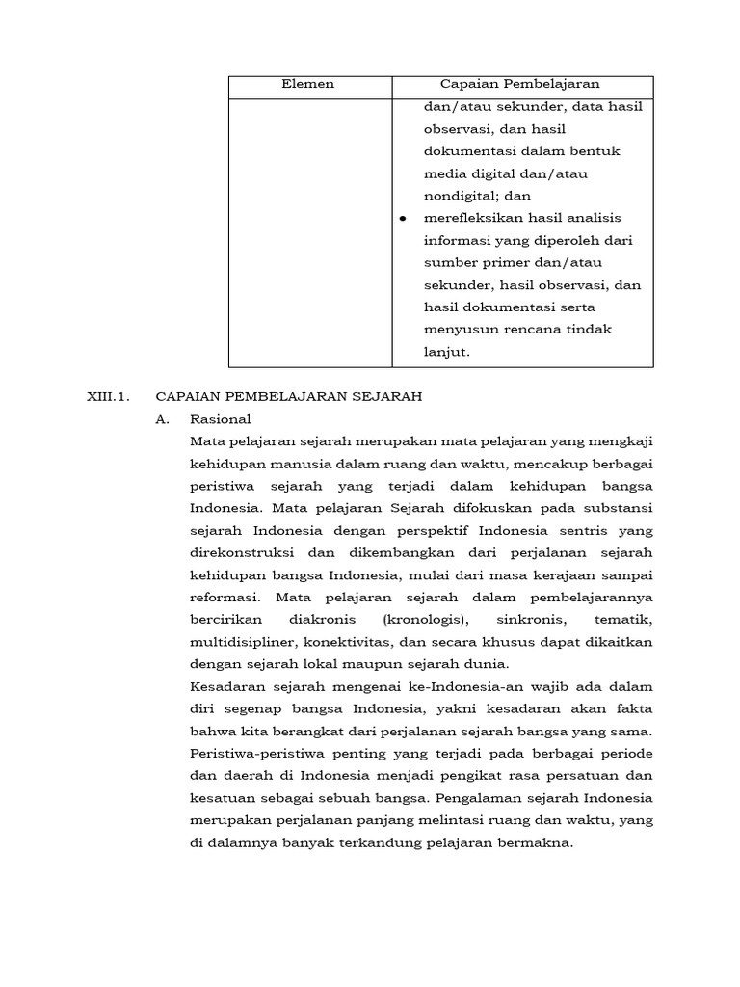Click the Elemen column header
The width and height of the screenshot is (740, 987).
[308, 84]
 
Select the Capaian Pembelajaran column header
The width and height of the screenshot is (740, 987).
[520, 84]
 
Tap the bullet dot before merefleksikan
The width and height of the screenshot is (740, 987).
[403, 219]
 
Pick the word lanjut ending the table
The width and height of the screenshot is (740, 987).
[446, 352]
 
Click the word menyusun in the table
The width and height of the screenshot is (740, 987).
[454, 330]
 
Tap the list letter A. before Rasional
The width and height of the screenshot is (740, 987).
[164, 419]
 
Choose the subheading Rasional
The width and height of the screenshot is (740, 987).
[221, 419]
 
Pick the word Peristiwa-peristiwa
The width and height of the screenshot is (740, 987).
[253, 753]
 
